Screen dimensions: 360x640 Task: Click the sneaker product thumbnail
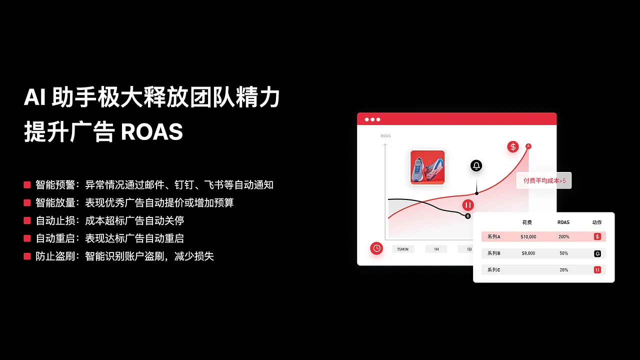[427, 167]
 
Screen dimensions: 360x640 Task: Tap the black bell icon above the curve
[476, 165]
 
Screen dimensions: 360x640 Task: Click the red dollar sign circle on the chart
[513, 146]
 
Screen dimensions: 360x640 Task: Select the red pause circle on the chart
[468, 205]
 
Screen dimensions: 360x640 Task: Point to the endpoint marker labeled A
[528, 146]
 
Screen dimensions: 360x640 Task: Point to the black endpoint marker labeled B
[468, 216]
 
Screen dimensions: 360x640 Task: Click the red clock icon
[376, 248]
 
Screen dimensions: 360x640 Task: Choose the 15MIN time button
[403, 249]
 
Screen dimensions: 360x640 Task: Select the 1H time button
[436, 249]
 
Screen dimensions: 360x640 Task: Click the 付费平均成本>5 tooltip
[544, 180]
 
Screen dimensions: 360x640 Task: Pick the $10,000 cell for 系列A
[528, 236]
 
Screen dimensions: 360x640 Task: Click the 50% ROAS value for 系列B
[563, 253]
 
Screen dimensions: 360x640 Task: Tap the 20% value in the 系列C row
[563, 269]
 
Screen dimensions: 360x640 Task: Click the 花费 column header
[527, 222]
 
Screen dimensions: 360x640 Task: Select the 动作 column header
[597, 222]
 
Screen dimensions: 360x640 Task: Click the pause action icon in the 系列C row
[597, 269]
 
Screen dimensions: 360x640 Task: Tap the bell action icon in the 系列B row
[597, 253]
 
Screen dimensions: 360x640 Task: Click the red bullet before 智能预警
[27, 185]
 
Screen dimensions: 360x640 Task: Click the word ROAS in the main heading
[152, 132]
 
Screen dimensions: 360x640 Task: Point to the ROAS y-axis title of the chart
[385, 136]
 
